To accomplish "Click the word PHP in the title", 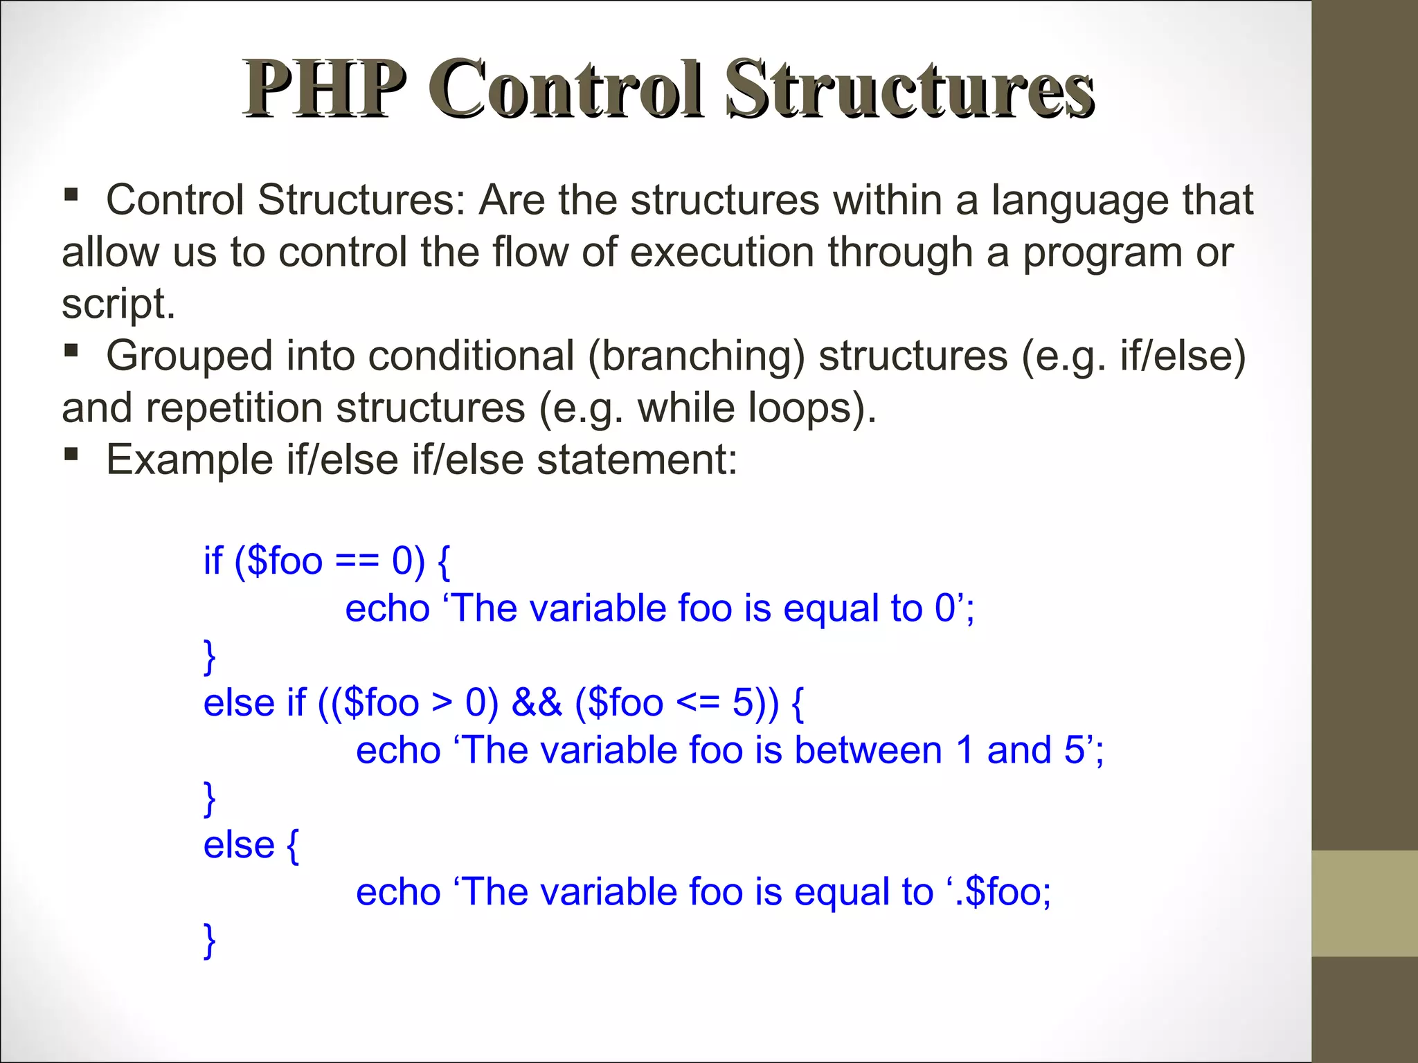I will coord(324,90).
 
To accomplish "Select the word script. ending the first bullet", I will coord(118,305).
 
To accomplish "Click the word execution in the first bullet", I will coord(721,252).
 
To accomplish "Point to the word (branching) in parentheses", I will coord(697,356).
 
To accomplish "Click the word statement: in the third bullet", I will coord(637,460).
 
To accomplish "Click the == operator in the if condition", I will coord(357,561).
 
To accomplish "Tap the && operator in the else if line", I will coord(537,703).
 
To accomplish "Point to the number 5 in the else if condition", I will coord(742,703).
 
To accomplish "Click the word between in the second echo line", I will coord(868,751).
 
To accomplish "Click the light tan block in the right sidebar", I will coord(1364,903).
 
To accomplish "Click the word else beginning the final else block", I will coord(239,846).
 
